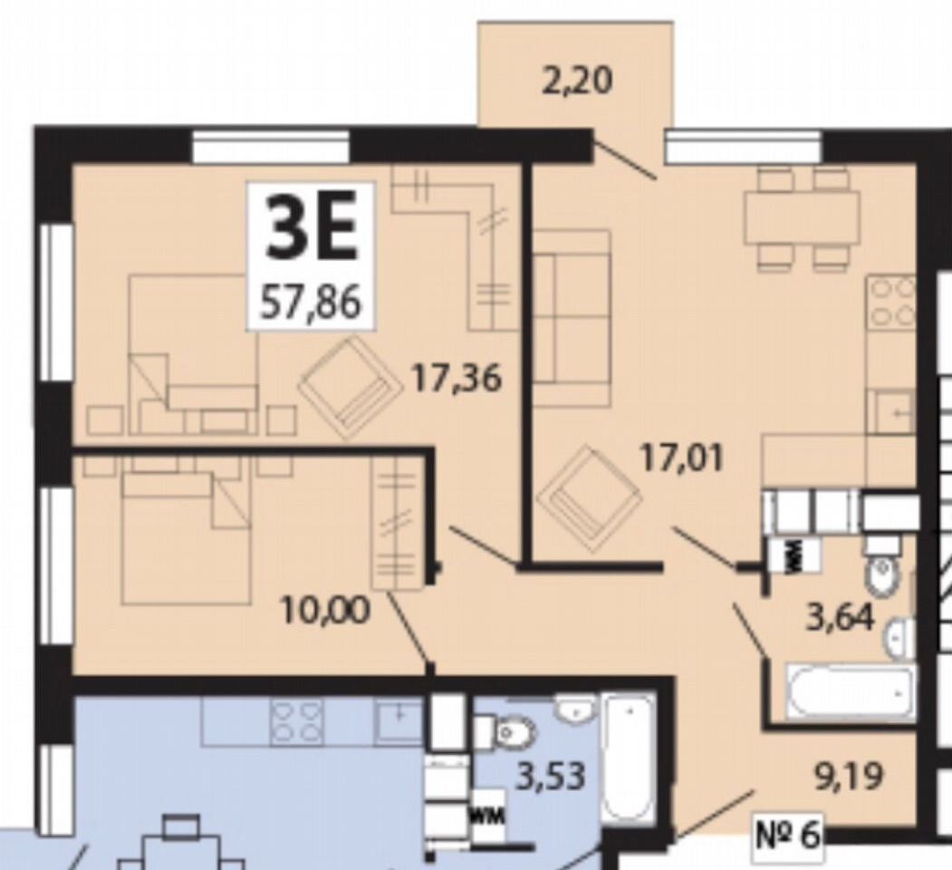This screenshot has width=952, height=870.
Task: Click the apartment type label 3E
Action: (x=311, y=231)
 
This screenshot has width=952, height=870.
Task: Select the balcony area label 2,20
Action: (x=576, y=82)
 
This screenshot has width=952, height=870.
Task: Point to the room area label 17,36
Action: (x=457, y=379)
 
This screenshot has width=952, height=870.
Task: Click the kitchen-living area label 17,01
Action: (x=682, y=459)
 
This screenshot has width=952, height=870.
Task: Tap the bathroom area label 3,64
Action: (x=841, y=618)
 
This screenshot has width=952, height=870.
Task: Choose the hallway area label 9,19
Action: (x=848, y=777)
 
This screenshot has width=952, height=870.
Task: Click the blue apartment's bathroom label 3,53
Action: (x=551, y=776)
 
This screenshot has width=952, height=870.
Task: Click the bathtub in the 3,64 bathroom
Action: (x=851, y=692)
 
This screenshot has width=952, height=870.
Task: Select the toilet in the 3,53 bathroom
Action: (x=504, y=731)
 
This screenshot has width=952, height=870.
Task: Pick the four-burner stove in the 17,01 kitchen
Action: (x=891, y=304)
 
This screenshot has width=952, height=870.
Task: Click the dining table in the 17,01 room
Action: (x=803, y=216)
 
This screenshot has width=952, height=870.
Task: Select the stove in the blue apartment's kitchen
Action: (x=297, y=721)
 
